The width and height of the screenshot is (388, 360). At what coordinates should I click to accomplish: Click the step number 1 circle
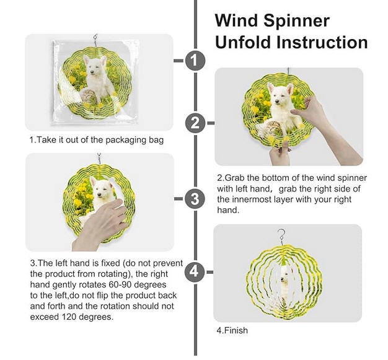pos(195,61)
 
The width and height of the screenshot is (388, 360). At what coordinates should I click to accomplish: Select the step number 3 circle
pos(195,199)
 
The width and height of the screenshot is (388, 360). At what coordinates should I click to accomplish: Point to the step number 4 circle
pos(195,271)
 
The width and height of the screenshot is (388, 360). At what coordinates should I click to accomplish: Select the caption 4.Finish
pos(232,330)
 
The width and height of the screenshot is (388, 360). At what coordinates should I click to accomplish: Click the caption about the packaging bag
pos(96,140)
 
